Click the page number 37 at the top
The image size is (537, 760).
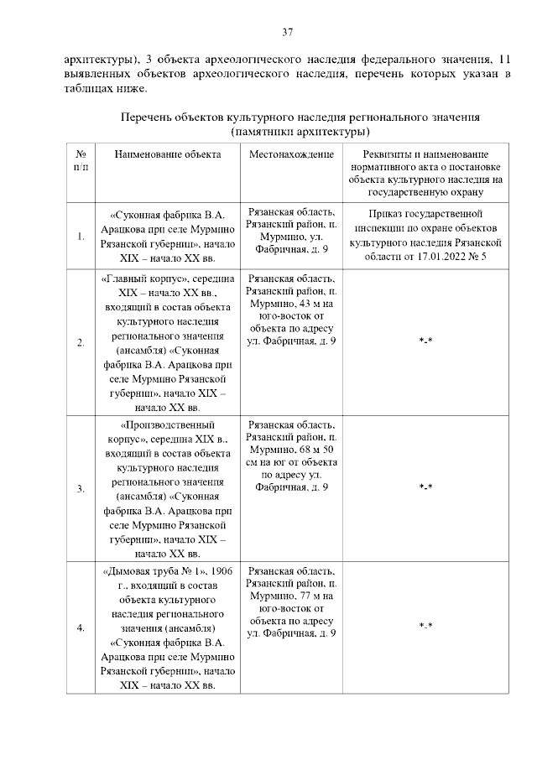tap(287, 33)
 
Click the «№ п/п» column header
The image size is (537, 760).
tap(81, 160)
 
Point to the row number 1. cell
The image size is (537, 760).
tap(81, 236)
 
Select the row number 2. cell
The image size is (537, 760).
tap(81, 342)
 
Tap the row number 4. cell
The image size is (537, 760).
tap(81, 627)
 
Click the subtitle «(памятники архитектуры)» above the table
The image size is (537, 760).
tap(301, 133)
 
